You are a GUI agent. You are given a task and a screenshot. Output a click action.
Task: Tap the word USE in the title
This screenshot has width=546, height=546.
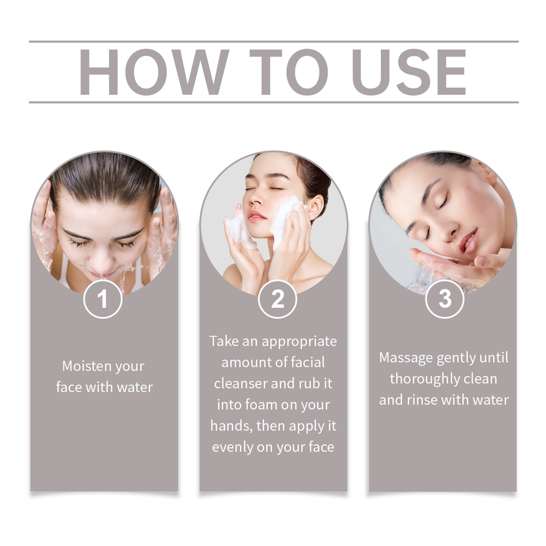[411, 72]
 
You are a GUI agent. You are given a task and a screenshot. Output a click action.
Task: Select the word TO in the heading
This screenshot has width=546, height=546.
[288, 72]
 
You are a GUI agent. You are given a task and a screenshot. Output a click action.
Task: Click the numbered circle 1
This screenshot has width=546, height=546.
[103, 299]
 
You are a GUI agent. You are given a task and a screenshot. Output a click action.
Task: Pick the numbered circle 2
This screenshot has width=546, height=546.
[277, 299]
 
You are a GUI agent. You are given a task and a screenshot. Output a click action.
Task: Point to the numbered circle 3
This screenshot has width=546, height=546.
[445, 299]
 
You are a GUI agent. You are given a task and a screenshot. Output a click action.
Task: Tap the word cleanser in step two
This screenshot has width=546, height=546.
[240, 383]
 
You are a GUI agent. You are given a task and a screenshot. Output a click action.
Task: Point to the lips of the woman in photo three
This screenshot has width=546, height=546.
[467, 240]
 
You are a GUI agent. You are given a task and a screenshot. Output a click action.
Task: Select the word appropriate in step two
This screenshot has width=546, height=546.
[300, 342]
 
